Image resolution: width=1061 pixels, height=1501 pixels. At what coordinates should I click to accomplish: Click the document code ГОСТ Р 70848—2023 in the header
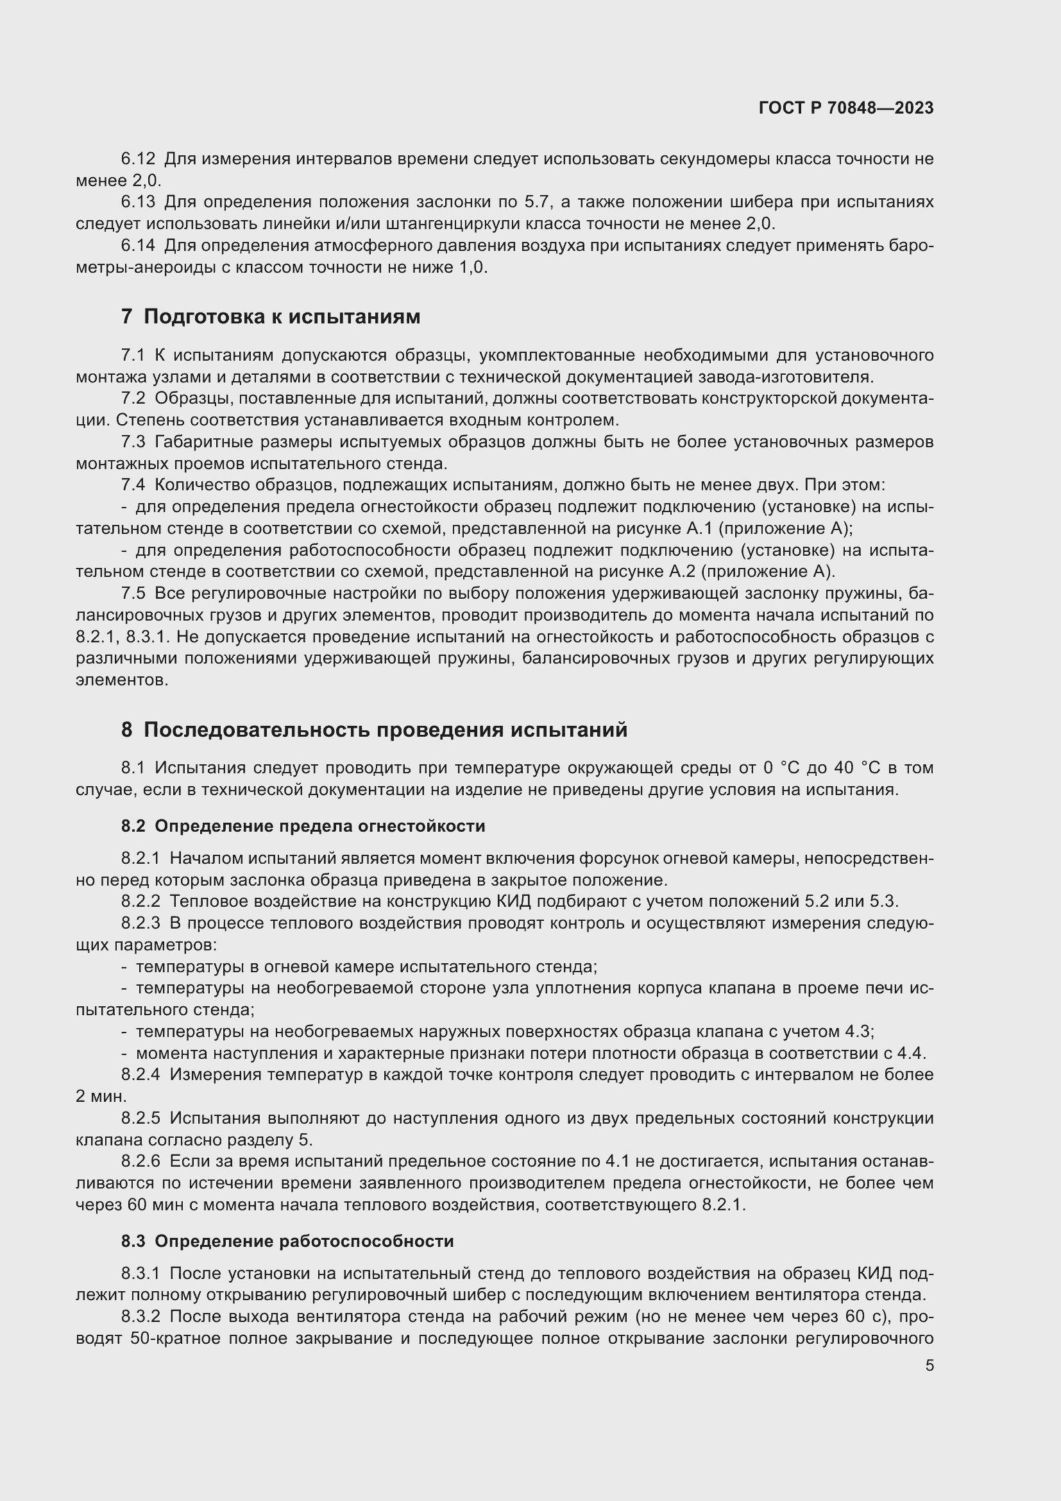846,108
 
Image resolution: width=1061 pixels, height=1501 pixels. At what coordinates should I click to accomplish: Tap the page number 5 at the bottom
929,1366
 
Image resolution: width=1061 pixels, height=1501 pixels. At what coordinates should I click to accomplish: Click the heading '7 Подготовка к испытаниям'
271,317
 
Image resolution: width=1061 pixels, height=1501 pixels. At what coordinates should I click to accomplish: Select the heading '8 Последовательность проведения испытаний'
374,730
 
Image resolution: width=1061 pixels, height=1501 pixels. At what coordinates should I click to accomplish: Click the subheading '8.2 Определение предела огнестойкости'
303,827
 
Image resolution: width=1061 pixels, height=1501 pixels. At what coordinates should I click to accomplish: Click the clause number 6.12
138,159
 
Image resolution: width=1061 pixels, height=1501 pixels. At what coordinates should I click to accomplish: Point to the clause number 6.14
138,246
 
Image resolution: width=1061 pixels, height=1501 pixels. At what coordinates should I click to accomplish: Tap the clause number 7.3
133,443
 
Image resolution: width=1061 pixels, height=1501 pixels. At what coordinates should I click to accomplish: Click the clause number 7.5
133,594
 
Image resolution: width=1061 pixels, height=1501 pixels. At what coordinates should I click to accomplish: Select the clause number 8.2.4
140,1075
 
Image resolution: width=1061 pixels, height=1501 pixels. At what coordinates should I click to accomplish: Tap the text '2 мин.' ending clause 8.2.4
101,1096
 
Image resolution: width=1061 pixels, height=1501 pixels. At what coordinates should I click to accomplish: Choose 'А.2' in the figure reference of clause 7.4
682,572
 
